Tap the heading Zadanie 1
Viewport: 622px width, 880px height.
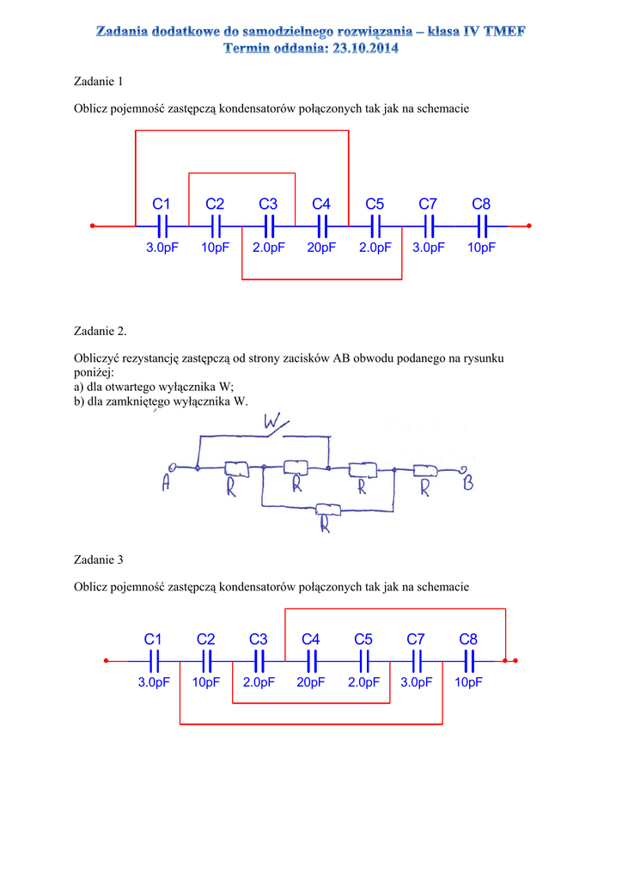[99, 82]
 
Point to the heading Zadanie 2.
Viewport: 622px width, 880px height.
[101, 331]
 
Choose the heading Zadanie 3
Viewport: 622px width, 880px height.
[99, 559]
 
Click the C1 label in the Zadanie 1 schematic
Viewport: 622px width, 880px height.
[162, 204]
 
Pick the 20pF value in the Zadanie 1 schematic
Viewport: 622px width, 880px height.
[321, 247]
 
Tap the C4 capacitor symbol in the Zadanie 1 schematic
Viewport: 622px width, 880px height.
[322, 226]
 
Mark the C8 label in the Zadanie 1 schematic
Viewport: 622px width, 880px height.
[481, 204]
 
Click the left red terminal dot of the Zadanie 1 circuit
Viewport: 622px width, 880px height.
[92, 226]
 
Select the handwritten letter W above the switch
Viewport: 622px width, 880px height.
[274, 422]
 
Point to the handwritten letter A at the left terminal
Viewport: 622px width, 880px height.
[166, 486]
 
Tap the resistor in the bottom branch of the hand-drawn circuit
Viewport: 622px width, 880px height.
[327, 510]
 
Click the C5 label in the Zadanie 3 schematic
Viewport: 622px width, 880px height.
[363, 639]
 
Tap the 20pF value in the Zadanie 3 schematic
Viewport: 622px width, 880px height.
[311, 682]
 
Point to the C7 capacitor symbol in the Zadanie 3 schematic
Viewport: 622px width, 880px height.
[417, 661]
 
